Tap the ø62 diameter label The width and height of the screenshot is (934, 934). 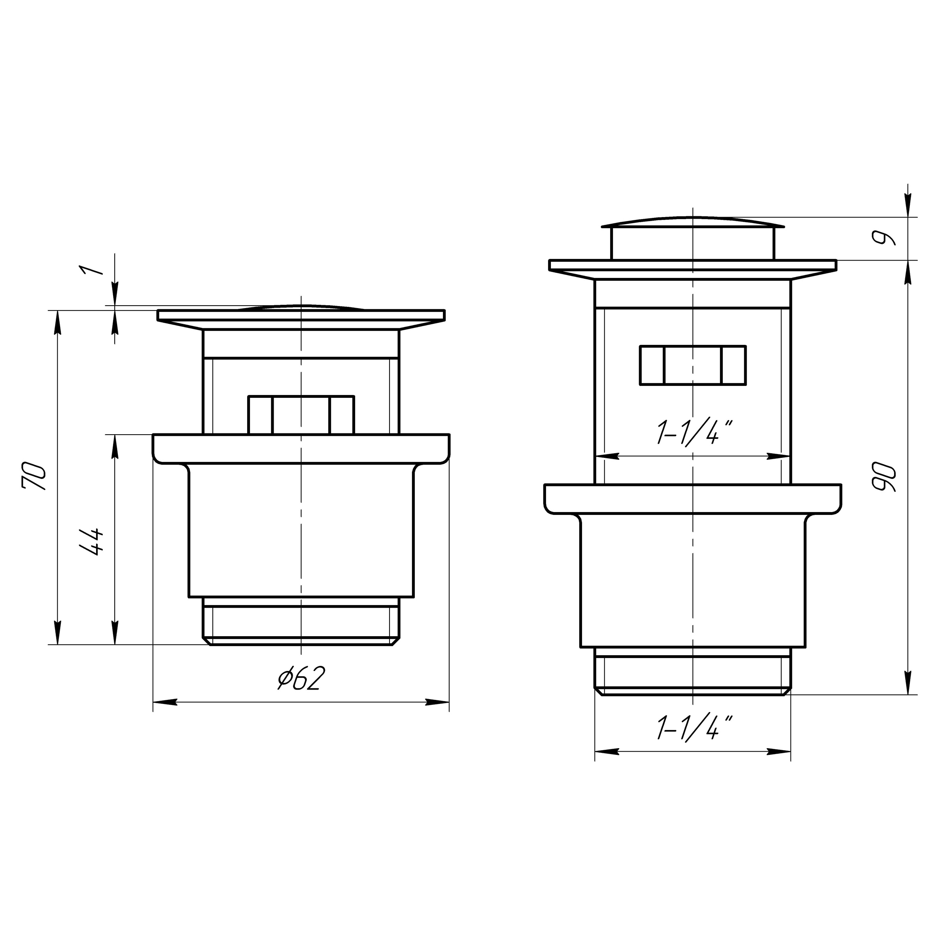pos(301,678)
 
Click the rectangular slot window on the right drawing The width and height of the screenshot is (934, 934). pos(692,365)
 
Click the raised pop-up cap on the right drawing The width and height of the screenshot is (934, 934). pos(692,240)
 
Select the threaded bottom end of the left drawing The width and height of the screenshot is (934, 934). pos(301,623)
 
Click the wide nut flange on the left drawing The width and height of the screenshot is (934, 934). pos(301,449)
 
